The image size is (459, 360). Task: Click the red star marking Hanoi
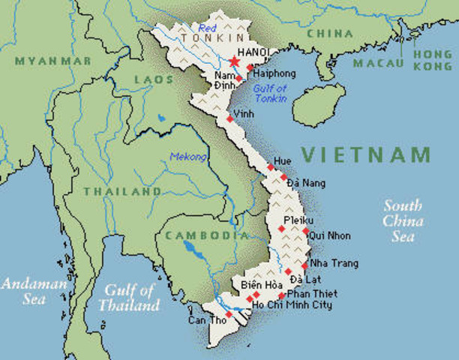(x=235, y=61)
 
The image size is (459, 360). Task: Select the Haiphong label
(x=275, y=73)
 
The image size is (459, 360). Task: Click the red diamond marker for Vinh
(x=229, y=118)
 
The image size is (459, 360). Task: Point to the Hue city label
(x=282, y=161)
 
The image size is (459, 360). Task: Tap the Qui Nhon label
(x=329, y=235)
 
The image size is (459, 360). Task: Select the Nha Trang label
(x=334, y=263)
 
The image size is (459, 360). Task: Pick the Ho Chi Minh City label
(x=292, y=305)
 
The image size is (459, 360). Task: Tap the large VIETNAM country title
(x=366, y=155)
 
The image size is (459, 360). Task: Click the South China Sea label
(x=403, y=220)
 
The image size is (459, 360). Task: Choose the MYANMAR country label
(x=52, y=60)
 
